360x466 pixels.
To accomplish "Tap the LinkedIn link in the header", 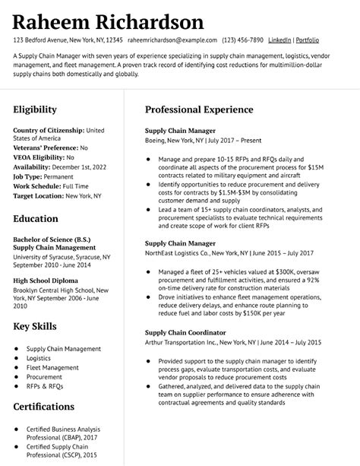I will click(x=279, y=40).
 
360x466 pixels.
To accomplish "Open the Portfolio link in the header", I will click(x=307, y=40).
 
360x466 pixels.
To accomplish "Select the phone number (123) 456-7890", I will click(x=243, y=40).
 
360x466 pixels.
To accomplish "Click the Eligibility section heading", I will click(x=34, y=109).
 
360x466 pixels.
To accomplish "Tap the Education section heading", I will click(x=35, y=219).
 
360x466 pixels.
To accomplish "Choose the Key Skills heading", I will click(x=34, y=327).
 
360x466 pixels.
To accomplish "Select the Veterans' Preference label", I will click(x=45, y=147).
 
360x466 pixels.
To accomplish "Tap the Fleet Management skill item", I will click(x=52, y=367).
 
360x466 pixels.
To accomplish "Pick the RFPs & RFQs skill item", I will click(x=46, y=386).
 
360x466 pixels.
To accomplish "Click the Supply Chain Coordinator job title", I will click(x=185, y=332).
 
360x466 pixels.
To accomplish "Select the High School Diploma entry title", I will click(x=45, y=280).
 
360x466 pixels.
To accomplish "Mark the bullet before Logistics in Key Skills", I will click(x=17, y=358).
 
